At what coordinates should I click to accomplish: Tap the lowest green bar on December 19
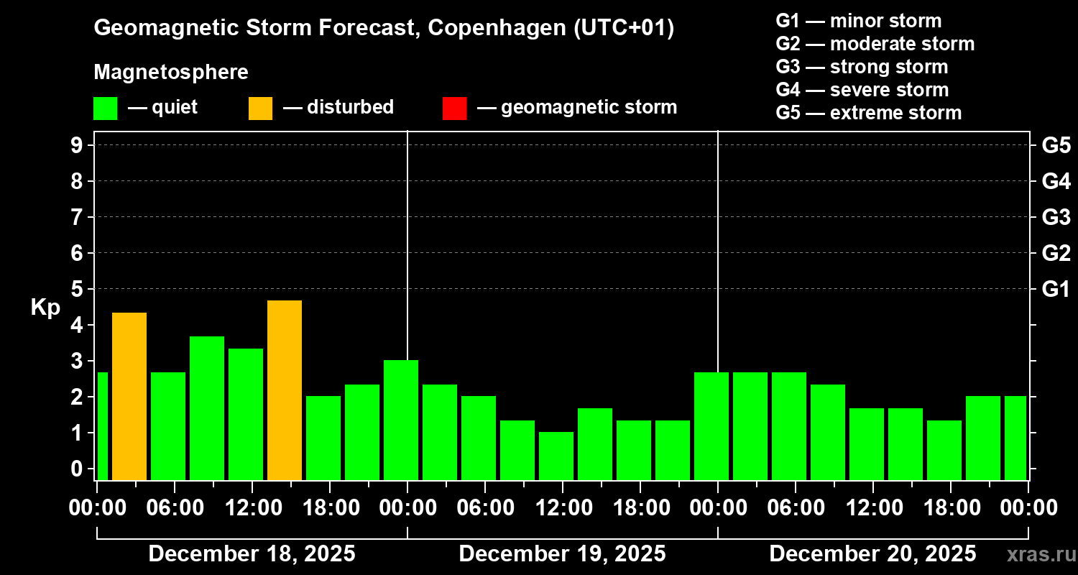click(x=556, y=456)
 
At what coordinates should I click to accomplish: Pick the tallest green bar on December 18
click(x=207, y=408)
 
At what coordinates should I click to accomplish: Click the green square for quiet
click(x=105, y=108)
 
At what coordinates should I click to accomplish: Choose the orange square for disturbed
click(x=260, y=108)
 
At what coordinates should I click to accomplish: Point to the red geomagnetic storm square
click(x=454, y=108)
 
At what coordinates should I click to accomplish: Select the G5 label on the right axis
click(x=1056, y=145)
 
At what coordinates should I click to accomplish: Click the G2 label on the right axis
click(x=1056, y=253)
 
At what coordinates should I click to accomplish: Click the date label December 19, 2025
click(x=562, y=553)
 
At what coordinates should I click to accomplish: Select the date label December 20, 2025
click(x=872, y=553)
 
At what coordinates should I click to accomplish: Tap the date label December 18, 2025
click(x=252, y=553)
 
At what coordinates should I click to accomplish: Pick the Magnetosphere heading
click(x=171, y=73)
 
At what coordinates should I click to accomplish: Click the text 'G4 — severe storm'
click(x=862, y=90)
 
